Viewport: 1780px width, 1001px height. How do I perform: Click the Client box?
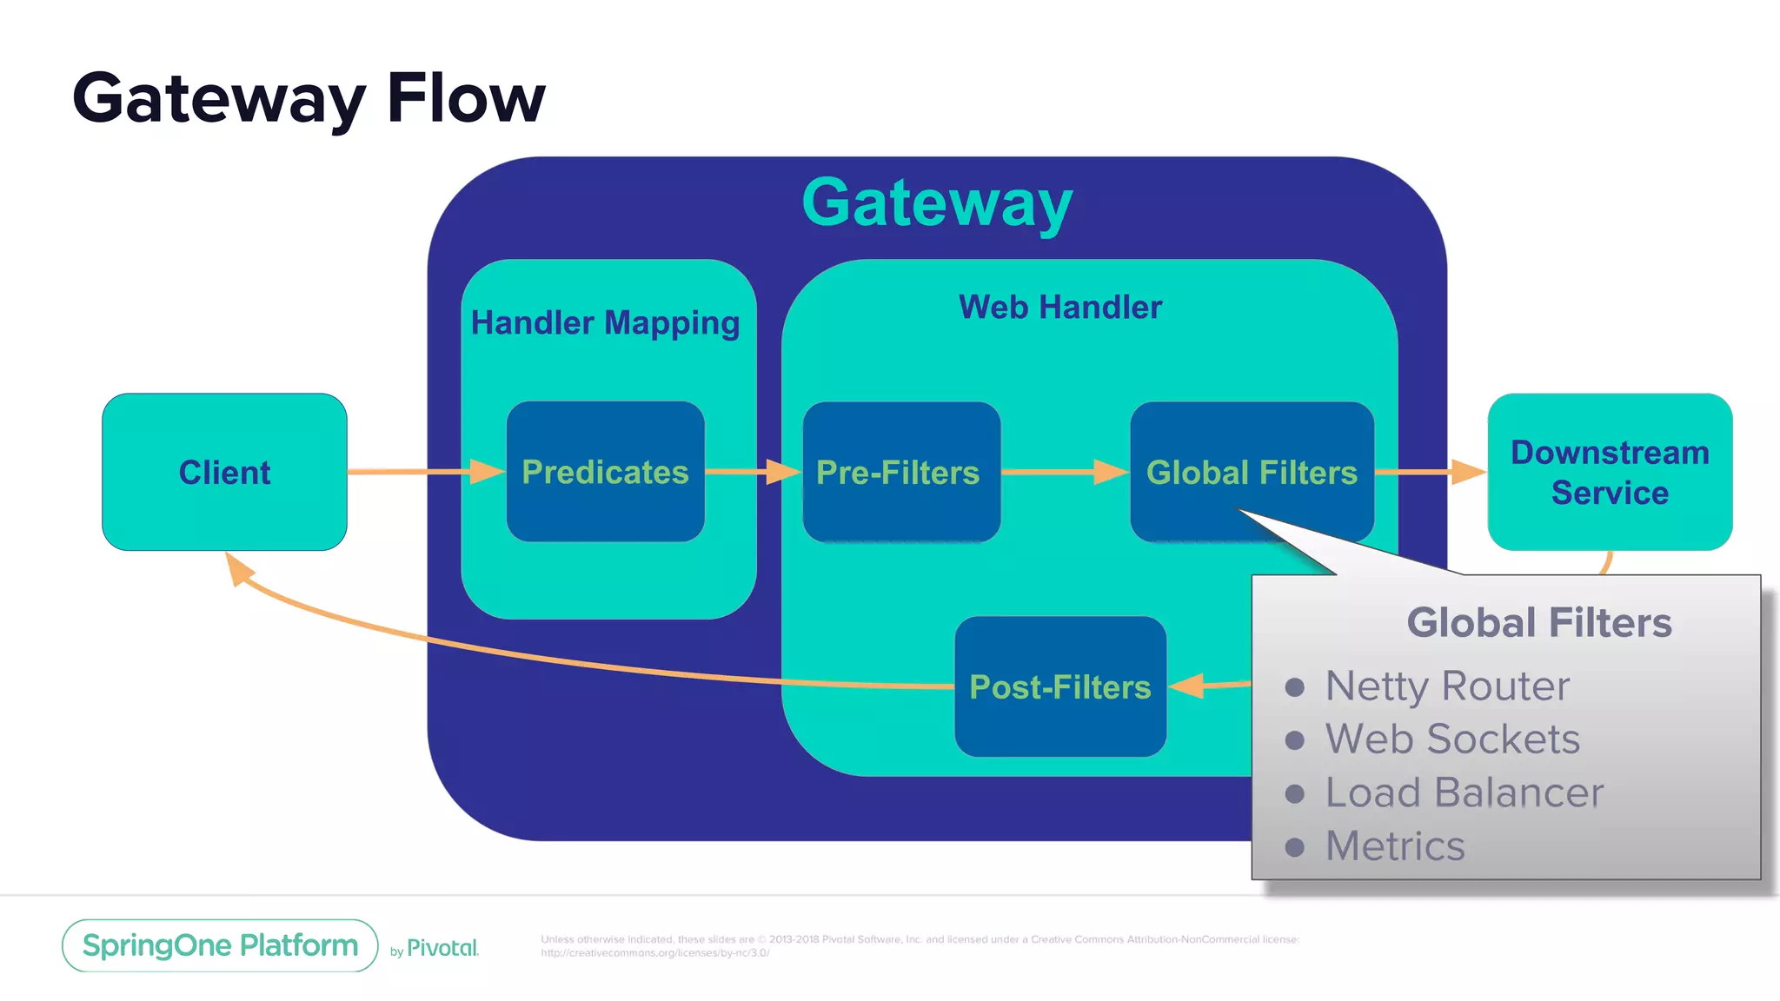(224, 472)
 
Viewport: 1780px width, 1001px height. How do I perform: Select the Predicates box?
(605, 472)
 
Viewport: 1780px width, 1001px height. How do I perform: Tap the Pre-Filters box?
(900, 472)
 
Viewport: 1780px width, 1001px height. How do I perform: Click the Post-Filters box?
(1059, 686)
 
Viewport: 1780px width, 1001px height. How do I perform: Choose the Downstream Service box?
(1610, 472)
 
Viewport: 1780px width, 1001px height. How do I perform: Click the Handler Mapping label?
(605, 322)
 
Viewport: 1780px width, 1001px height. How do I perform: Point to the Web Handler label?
(1059, 307)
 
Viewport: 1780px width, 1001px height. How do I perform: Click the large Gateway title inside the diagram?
(937, 202)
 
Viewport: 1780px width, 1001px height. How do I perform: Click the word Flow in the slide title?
(466, 98)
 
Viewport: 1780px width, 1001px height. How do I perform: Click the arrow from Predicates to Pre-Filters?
(747, 472)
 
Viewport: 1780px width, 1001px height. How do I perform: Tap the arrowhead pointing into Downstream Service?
(1469, 472)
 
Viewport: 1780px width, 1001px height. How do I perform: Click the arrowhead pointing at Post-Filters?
(1187, 686)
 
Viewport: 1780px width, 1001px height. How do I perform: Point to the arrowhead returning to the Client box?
(238, 568)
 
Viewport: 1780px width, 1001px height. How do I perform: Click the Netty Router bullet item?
(1447, 686)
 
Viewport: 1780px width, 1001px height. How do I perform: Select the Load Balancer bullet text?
(1465, 792)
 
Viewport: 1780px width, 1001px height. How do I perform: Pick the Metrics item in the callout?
(1395, 845)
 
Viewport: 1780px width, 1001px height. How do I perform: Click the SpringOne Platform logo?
(220, 945)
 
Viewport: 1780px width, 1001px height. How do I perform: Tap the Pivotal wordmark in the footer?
(442, 948)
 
